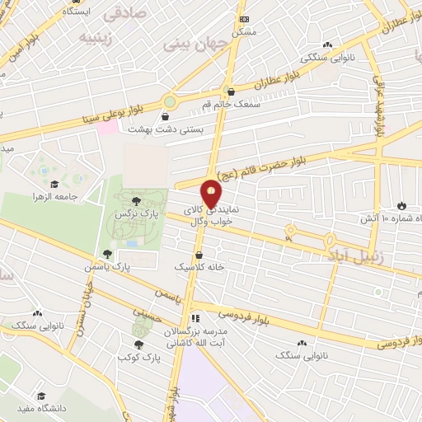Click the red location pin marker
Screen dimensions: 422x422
[211, 194]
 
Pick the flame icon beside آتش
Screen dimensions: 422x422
[401, 205]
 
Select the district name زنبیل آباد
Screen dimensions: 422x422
[358, 257]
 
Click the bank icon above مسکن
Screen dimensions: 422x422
[243, 18]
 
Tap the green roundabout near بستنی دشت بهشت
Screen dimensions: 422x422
[169, 101]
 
